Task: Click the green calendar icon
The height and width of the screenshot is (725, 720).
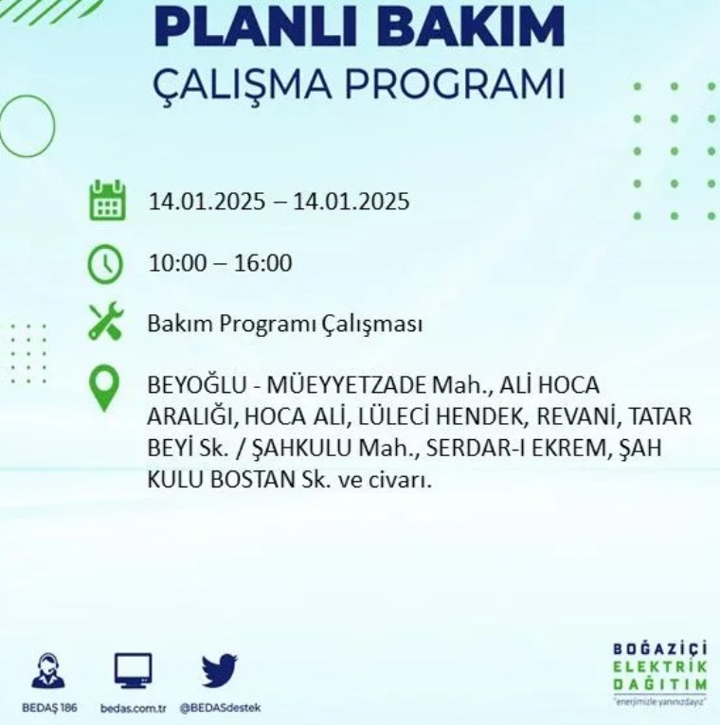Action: [107, 201]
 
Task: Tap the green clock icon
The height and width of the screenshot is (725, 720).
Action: [105, 263]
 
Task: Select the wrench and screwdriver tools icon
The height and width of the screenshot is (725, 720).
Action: [106, 321]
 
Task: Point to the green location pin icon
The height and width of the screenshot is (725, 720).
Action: [104, 387]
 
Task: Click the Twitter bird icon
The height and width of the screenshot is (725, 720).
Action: [220, 670]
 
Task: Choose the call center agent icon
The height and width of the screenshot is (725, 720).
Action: [48, 670]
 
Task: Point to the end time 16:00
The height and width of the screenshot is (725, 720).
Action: [262, 262]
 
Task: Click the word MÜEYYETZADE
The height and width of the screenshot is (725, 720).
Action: [346, 385]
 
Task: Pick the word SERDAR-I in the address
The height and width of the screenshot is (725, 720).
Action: [476, 448]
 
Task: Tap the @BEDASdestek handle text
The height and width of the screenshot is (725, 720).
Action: [220, 707]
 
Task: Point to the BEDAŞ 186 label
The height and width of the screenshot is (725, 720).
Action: [49, 708]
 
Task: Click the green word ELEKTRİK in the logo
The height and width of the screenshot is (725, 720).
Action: [660, 666]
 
